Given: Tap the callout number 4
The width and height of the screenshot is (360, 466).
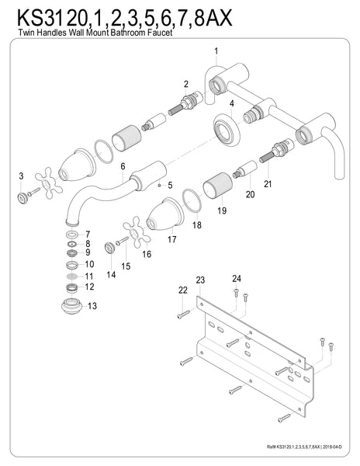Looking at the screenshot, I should (x=231, y=103).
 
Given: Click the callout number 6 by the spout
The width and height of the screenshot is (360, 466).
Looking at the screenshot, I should (x=123, y=165).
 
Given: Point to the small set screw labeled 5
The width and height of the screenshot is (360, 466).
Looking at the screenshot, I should (x=158, y=185).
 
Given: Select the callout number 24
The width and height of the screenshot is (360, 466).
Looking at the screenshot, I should (x=236, y=277).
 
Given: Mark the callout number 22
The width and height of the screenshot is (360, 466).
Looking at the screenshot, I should (x=183, y=290).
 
